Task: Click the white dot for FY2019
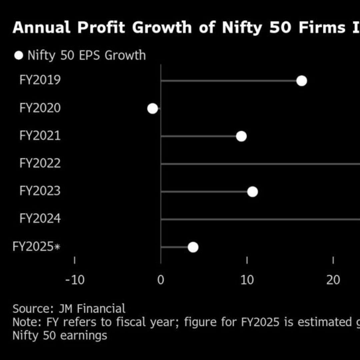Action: tap(301, 81)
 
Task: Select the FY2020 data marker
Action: tap(152, 108)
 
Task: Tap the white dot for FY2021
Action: tap(241, 136)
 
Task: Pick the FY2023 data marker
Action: tap(252, 192)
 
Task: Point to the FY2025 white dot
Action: tap(193, 247)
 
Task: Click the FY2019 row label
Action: tap(40, 80)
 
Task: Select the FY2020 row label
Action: tap(40, 108)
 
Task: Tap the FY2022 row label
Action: tap(40, 163)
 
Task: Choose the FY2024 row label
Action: tap(40, 219)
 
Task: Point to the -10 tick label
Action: tap(75, 280)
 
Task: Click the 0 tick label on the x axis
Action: tap(161, 280)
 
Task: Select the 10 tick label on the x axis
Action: tap(247, 280)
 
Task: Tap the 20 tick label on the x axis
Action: tap(333, 280)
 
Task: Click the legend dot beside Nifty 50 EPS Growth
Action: tap(19, 55)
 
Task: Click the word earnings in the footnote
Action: tap(84, 336)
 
